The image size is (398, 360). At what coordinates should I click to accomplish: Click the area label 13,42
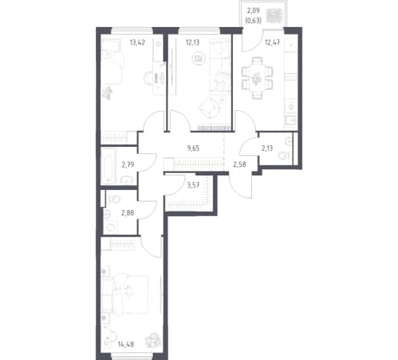tap(138, 42)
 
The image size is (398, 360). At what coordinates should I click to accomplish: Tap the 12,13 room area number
tap(193, 42)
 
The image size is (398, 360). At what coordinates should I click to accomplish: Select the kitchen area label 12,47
tap(272, 42)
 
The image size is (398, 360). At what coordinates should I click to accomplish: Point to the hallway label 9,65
tap(193, 148)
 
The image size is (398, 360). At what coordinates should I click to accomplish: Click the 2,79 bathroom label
tap(128, 165)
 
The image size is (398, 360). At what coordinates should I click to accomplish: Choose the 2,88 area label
tap(128, 212)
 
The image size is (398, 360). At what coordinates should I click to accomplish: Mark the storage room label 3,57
tap(193, 185)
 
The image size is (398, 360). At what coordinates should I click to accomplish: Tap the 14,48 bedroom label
tap(126, 344)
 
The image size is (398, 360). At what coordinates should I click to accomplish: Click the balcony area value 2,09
tap(254, 11)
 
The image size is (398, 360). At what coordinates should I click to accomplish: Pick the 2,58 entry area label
tap(240, 165)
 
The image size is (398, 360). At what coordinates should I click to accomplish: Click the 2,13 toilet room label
tap(267, 148)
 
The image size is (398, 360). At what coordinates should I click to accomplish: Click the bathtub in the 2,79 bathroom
tap(109, 166)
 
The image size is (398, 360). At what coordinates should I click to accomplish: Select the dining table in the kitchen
tap(257, 78)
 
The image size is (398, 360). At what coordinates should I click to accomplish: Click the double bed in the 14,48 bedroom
tap(125, 294)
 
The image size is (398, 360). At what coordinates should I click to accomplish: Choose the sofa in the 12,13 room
tap(220, 67)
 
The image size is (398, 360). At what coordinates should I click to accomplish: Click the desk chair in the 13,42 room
tap(148, 77)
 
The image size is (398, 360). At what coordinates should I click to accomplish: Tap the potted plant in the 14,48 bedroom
tap(154, 339)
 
